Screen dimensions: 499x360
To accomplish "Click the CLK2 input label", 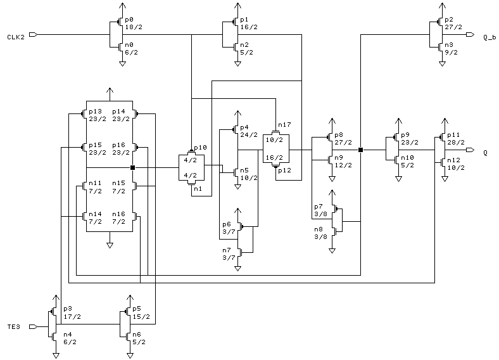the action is tap(16, 37).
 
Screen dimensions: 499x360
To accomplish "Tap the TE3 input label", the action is tap(14, 327).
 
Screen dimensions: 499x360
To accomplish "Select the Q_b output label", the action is tap(490, 37).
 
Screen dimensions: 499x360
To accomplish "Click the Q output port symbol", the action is tap(471, 150).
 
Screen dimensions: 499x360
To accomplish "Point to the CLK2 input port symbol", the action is tap(33, 34).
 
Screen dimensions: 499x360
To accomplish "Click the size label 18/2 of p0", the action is tap(134, 27).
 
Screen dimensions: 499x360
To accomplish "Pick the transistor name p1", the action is tap(244, 20).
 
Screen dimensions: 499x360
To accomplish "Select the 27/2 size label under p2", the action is tap(453, 27).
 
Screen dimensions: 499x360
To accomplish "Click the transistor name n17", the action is tap(284, 125).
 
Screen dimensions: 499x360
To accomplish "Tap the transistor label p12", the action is tap(284, 170).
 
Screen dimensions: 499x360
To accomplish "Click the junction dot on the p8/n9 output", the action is tap(360, 150).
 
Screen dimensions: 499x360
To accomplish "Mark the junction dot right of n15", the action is tap(133, 167).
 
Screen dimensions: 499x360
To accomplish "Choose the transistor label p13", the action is tap(95, 112).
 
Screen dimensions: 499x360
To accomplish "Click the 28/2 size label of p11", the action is tap(456, 143).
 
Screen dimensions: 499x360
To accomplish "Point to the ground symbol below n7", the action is tap(237, 269).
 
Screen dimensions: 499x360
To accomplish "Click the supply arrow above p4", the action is tap(237, 113).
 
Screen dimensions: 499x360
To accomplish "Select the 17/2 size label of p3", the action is tap(72, 317).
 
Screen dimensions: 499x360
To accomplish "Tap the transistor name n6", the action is tap(137, 335).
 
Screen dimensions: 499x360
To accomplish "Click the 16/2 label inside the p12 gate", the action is tap(274, 157).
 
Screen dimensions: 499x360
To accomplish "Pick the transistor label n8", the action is tap(319, 229).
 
